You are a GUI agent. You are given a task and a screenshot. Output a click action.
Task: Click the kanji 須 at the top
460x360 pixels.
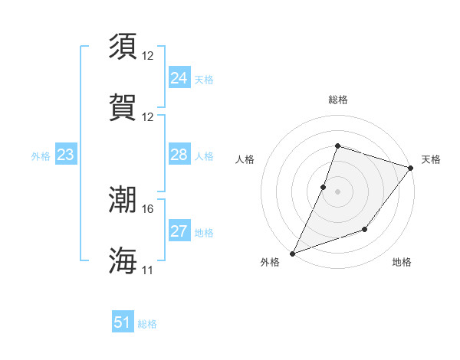pos(123,47)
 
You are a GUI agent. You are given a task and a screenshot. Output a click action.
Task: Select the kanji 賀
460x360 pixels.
pos(123,107)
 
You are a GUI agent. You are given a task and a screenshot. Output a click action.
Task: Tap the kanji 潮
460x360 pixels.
pos(123,200)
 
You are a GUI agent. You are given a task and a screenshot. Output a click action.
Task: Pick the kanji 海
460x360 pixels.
pos(123,260)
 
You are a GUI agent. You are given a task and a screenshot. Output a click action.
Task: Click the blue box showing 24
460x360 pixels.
pos(179,78)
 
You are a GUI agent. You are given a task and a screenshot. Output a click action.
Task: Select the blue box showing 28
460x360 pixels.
pos(179,155)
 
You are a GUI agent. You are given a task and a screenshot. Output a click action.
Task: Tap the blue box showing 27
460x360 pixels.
pos(179,231)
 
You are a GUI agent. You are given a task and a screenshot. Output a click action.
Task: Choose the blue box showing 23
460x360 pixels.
pos(65,155)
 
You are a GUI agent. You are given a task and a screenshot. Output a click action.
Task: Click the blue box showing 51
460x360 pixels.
pos(123,322)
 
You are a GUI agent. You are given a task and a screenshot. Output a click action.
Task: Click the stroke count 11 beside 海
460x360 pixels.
pos(147,270)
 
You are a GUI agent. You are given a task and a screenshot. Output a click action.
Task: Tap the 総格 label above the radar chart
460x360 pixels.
pos(337,100)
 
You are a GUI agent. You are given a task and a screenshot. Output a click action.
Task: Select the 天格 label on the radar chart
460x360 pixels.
pos(431,159)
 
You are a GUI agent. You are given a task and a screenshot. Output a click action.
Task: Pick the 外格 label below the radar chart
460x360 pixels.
pos(270,262)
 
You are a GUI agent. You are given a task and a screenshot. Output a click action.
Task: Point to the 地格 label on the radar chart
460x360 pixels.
pos(402,262)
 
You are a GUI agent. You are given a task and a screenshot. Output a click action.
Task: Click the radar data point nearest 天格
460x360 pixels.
pos(410,169)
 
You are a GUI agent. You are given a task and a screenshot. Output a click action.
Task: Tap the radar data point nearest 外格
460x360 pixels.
pos(292,254)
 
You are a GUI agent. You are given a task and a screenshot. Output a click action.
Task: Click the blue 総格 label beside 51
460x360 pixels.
pos(147,324)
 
